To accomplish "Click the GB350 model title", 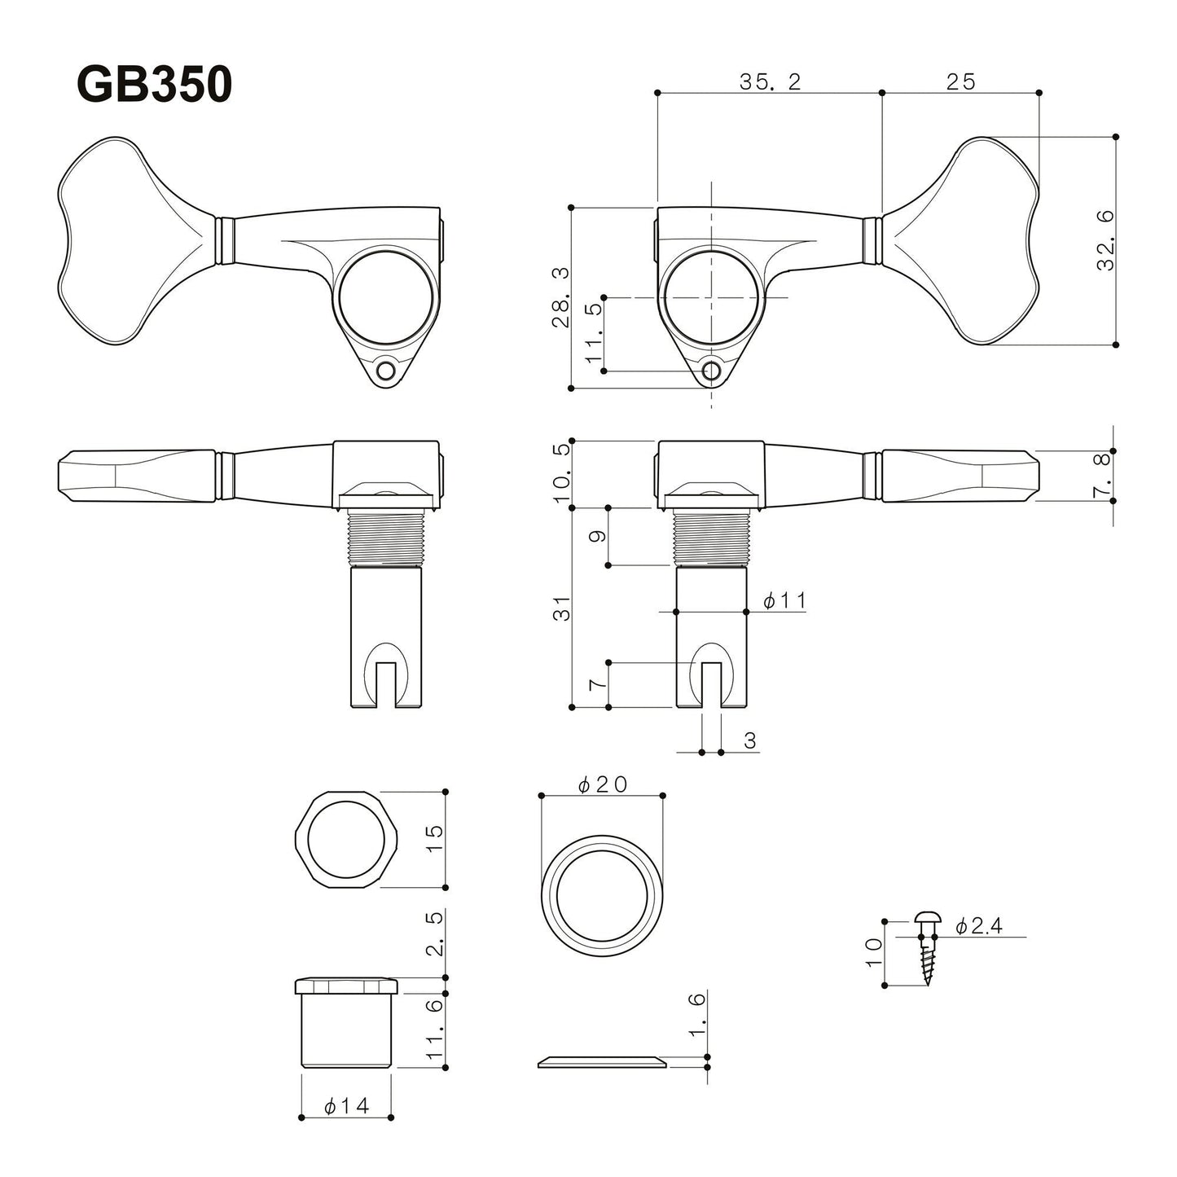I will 154,85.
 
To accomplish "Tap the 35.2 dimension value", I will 770,81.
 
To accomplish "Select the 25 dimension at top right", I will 960,81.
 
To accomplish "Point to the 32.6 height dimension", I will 1105,240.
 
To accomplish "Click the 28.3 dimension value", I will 560,297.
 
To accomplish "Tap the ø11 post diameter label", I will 784,601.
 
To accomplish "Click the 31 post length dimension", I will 562,608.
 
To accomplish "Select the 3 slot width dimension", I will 749,740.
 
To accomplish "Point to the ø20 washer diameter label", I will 602,784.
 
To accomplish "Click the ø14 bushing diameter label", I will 346,1106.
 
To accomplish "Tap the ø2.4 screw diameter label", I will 979,926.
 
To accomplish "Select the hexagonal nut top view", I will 345,839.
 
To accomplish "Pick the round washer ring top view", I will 602,895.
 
